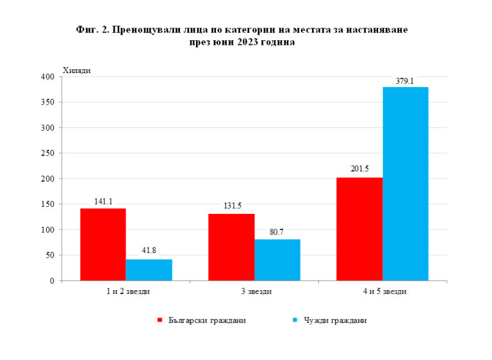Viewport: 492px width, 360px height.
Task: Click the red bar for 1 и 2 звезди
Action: click(102, 245)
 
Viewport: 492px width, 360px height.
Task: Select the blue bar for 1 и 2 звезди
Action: click(149, 270)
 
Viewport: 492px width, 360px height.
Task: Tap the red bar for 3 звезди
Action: click(231, 247)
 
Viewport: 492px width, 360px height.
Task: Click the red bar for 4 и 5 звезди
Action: click(359, 229)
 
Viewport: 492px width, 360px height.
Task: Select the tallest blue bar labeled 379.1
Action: click(406, 184)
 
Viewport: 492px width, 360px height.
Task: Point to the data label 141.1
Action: click(102, 201)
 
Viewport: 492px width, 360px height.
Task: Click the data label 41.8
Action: click(149, 252)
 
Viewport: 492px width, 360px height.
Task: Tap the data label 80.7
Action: click(277, 232)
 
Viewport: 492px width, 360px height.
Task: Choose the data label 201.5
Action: click(359, 170)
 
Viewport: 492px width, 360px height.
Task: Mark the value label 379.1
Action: click(406, 80)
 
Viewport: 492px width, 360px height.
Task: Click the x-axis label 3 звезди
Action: click(254, 292)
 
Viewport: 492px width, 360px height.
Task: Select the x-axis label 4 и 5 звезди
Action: click(382, 292)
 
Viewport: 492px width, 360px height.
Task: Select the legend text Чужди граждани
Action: click(335, 320)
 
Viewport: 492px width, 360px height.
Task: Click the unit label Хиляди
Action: click(76, 70)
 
